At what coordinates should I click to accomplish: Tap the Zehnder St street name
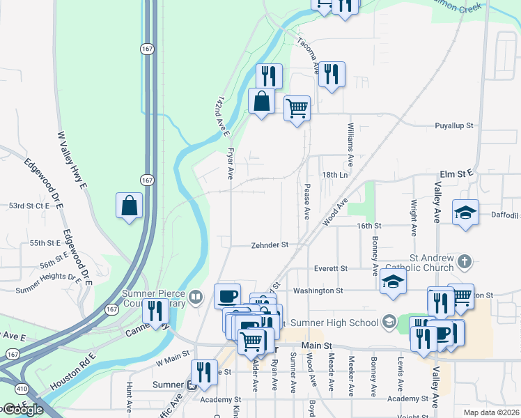tap(270, 245)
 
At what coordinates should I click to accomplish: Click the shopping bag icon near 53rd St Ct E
tap(130, 206)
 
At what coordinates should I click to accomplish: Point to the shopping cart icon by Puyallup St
tap(297, 109)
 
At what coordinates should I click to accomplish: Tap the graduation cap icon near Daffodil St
tap(465, 213)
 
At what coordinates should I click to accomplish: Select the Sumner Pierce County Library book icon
tap(196, 298)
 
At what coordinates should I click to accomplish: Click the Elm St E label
tap(456, 172)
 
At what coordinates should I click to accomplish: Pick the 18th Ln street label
tap(334, 175)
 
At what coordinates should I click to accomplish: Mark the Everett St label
tap(329, 268)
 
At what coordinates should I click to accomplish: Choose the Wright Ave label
tap(414, 218)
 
